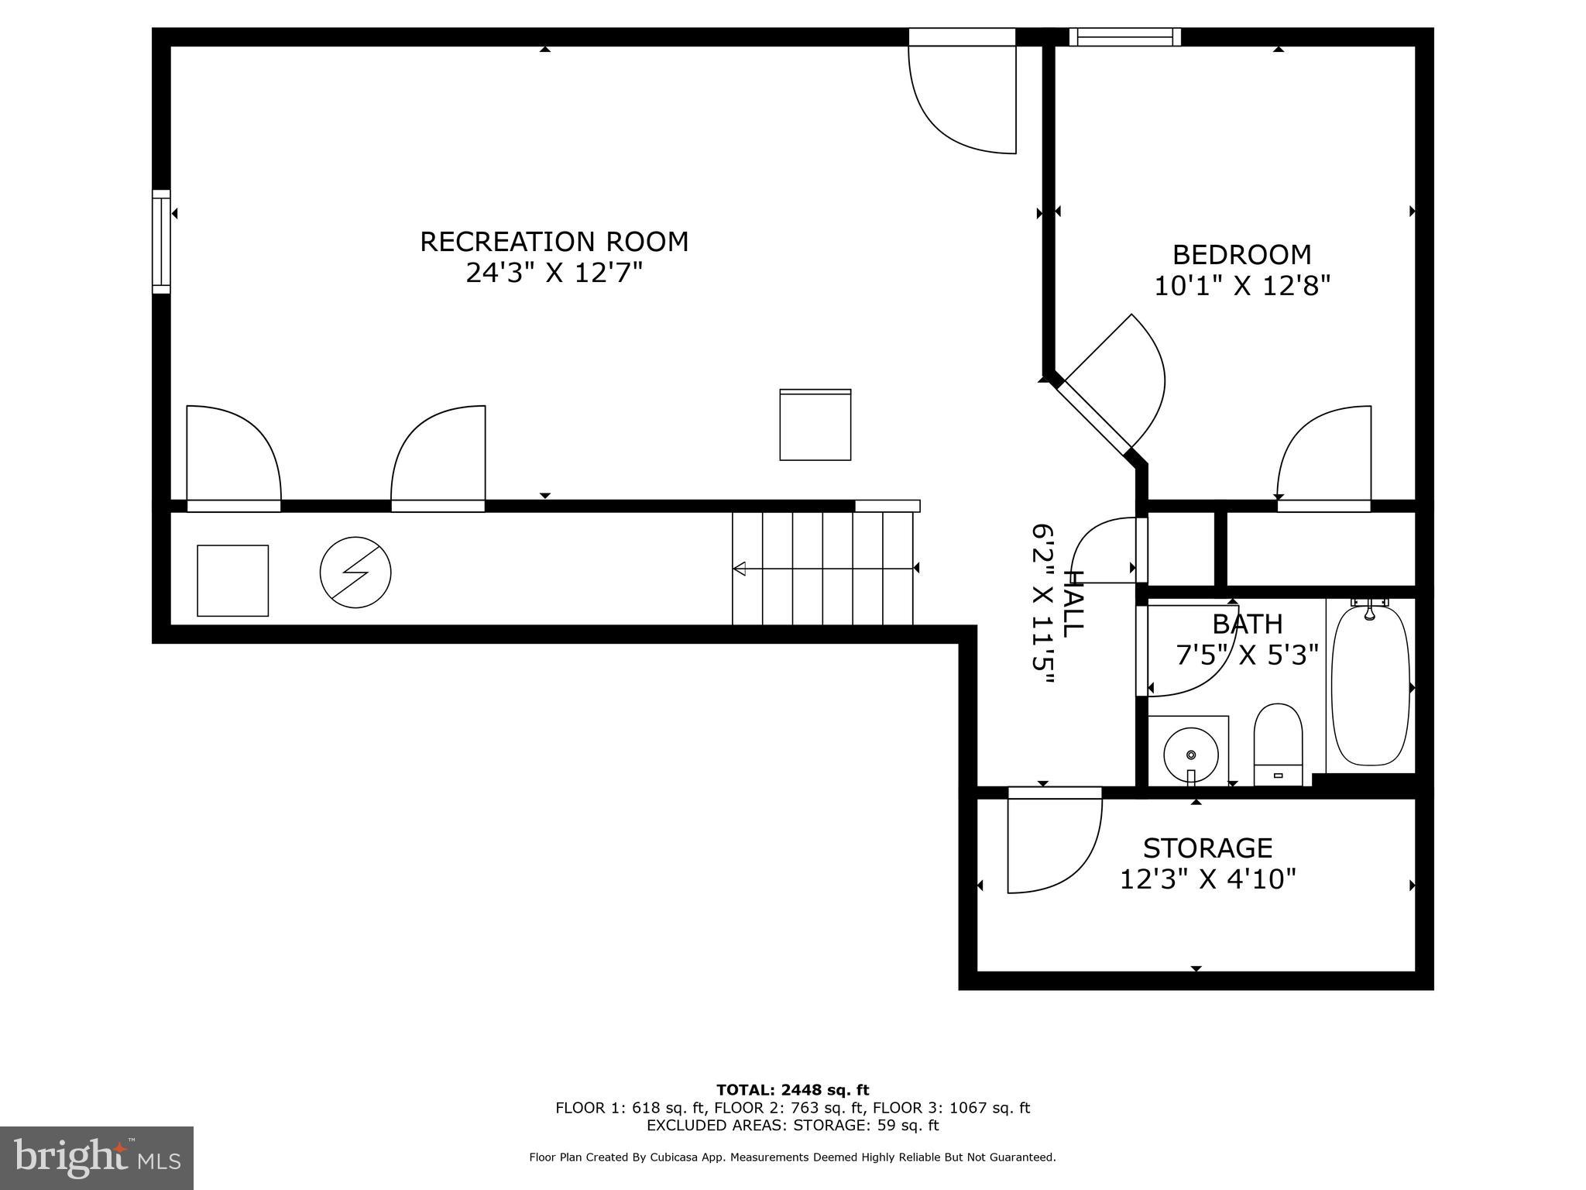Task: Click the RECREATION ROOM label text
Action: [x=554, y=242]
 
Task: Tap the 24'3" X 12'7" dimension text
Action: [x=554, y=273]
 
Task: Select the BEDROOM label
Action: [x=1241, y=255]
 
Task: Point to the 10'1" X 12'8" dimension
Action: [x=1241, y=287]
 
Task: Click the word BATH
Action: [x=1247, y=624]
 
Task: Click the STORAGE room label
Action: [x=1207, y=848]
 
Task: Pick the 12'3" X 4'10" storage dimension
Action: [x=1207, y=879]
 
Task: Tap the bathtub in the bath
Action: [x=1370, y=686]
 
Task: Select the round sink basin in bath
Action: [x=1190, y=754]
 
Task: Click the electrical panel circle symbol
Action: [x=355, y=573]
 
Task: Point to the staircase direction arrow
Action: [x=824, y=569]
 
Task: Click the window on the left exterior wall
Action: [x=161, y=242]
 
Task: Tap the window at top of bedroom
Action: [x=1124, y=36]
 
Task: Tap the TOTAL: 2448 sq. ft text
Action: [x=792, y=1090]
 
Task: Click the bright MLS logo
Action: [x=96, y=1157]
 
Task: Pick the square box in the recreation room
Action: [x=815, y=425]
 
